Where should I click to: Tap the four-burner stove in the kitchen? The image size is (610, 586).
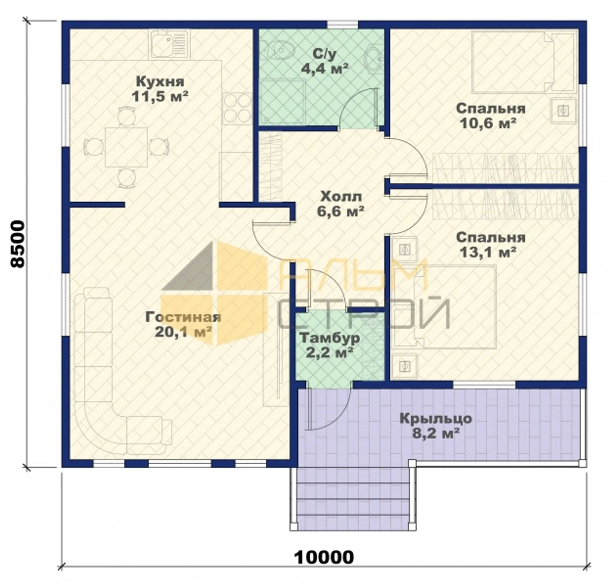coord(237,108)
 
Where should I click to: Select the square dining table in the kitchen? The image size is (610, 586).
coord(126,147)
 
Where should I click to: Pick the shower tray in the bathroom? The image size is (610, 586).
coord(283,102)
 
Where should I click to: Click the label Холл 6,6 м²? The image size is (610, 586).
coord(340,204)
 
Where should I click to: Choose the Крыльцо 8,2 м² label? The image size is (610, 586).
coord(435,426)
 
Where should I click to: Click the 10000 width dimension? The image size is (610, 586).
coord(324,557)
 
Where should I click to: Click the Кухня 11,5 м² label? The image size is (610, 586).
coord(160,89)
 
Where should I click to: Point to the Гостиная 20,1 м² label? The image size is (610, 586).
coord(183,324)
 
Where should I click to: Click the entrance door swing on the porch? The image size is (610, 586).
coord(330,409)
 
